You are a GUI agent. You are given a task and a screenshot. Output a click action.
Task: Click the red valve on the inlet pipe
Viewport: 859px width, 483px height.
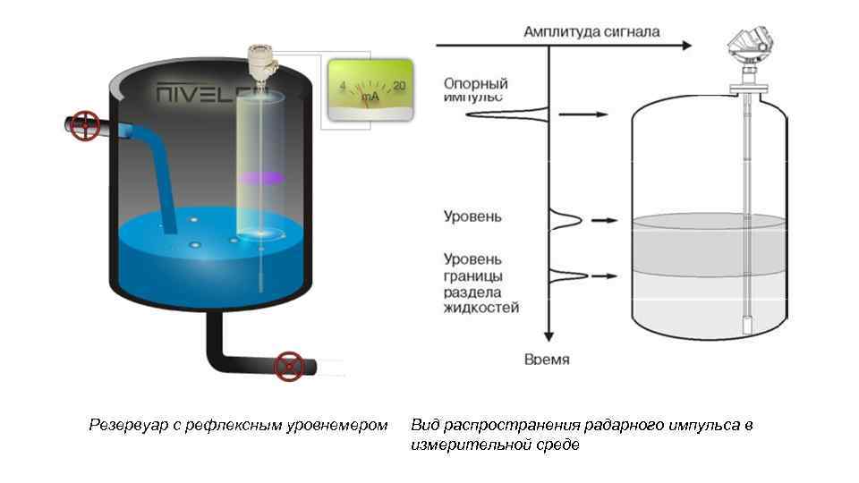86,125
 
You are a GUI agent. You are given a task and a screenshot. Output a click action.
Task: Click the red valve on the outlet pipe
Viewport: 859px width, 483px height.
288,366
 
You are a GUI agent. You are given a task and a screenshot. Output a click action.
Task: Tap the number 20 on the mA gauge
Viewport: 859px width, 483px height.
399,86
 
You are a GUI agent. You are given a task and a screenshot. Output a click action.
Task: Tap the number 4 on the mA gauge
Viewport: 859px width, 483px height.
342,86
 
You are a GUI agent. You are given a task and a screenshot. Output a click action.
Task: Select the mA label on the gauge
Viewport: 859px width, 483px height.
370,95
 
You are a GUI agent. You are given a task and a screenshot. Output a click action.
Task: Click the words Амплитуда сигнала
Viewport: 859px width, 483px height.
592,31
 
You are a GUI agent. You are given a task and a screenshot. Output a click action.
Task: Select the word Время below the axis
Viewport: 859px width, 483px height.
547,360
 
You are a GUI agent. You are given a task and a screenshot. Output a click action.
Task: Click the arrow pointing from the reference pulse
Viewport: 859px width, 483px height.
583,114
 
